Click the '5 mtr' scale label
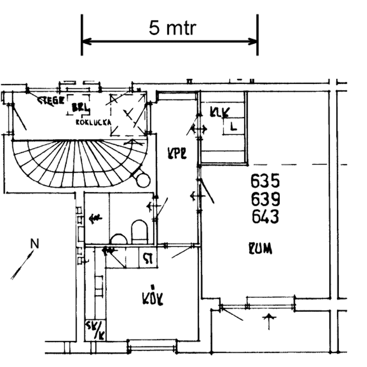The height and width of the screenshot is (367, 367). click(x=172, y=28)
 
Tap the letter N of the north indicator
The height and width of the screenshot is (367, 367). click(x=35, y=244)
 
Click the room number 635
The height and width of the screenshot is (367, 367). click(x=265, y=181)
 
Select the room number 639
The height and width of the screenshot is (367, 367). click(x=265, y=199)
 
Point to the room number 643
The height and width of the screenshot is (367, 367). click(x=265, y=217)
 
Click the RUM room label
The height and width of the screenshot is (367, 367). click(x=261, y=249)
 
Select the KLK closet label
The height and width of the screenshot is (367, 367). click(x=220, y=112)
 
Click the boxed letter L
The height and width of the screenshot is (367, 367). click(x=233, y=127)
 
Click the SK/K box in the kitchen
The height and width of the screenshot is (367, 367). click(x=95, y=330)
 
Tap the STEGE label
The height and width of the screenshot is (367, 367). click(x=51, y=100)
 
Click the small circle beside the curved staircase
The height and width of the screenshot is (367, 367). click(x=143, y=180)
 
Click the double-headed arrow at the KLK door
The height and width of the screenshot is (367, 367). click(x=199, y=128)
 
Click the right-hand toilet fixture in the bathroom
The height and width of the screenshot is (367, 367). click(x=139, y=231)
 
